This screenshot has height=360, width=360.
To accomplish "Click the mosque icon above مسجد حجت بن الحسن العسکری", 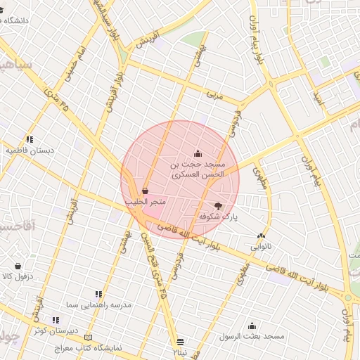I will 198,153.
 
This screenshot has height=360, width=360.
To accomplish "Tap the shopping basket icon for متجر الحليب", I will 145,191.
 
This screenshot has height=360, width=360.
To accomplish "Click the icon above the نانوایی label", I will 261,236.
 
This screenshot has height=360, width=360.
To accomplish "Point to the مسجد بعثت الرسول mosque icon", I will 252,326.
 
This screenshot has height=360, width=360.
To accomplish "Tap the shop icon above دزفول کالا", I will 18,266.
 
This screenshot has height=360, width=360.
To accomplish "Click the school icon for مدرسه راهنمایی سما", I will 98,294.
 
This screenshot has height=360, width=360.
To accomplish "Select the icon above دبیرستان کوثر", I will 56,320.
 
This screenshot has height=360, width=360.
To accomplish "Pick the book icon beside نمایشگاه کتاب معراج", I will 88,337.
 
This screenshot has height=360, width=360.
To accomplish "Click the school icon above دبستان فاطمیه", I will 30,139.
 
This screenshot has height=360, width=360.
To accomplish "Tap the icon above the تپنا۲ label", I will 181,340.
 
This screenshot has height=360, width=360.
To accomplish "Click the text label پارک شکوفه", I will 219,217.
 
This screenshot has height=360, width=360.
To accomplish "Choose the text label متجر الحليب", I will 146,202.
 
